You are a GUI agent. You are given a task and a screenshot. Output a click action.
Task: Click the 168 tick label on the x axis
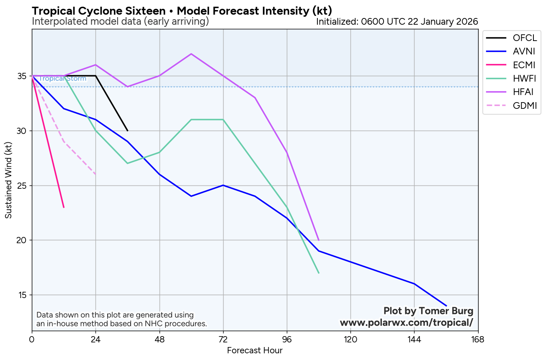click(x=478, y=339)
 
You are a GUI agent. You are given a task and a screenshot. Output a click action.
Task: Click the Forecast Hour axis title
click(x=255, y=350)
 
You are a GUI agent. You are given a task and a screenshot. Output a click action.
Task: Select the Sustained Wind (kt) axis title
click(x=8, y=180)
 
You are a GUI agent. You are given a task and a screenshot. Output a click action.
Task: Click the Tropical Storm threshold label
click(x=62, y=79)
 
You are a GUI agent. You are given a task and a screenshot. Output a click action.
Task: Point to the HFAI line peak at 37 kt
click(x=191, y=54)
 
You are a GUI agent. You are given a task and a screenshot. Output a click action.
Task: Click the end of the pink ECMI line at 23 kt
click(x=64, y=207)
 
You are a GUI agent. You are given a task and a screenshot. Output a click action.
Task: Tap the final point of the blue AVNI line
click(x=446, y=306)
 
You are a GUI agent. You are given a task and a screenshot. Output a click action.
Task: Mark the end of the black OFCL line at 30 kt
click(x=128, y=131)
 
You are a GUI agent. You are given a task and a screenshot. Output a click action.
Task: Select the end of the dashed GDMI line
click(x=95, y=174)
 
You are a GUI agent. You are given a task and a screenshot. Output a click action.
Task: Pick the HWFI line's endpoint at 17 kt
click(x=319, y=273)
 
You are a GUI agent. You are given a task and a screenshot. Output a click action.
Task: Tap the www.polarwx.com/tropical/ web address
click(x=406, y=323)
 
